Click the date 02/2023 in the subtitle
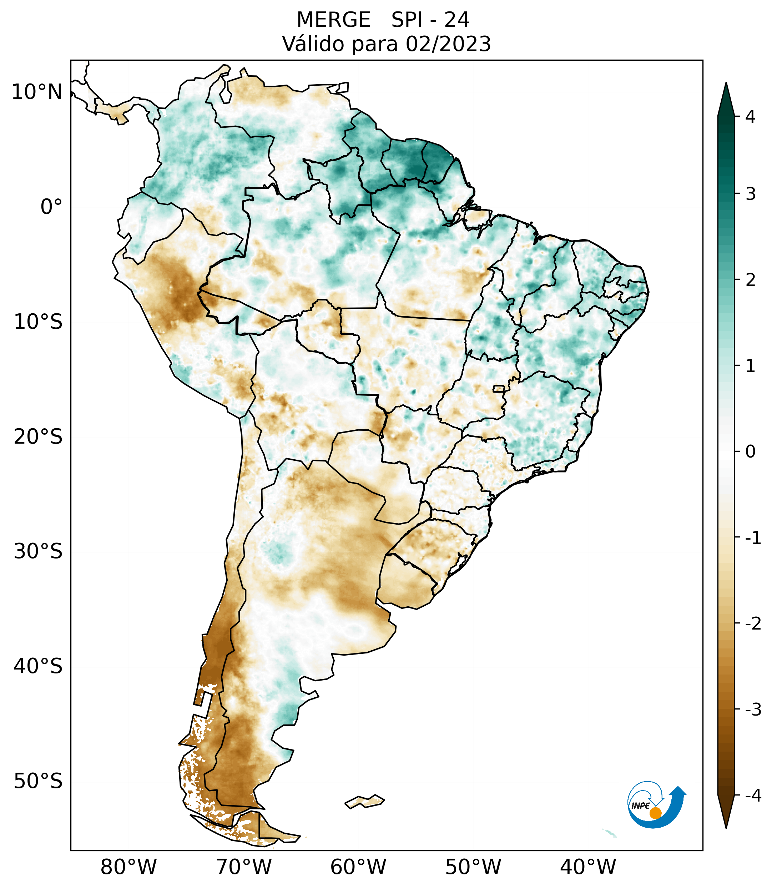448,44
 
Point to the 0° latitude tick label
51,207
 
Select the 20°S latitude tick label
38,437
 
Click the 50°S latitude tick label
38,782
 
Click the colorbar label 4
750,117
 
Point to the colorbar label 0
750,452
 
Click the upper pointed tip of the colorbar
726,84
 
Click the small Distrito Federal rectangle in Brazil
499,388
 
